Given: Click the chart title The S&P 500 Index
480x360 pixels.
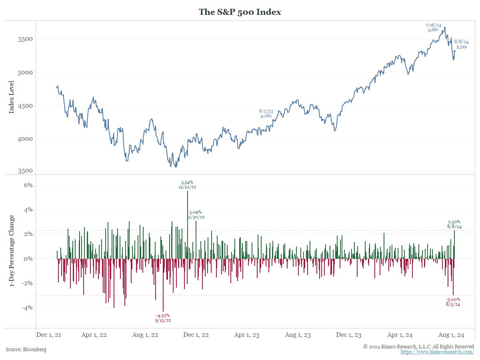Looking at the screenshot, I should pyautogui.click(x=240, y=12).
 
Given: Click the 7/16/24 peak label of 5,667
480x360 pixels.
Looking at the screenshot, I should pyautogui.click(x=433, y=28).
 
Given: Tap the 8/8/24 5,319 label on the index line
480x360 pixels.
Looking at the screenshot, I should pyautogui.click(x=462, y=44).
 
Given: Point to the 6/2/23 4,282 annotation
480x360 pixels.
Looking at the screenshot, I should pyautogui.click(x=266, y=113).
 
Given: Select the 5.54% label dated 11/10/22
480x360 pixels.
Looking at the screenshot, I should pyautogui.click(x=188, y=184).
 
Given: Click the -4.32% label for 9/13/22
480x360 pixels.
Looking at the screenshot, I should pyautogui.click(x=163, y=318).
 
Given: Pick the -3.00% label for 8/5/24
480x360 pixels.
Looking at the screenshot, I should pyautogui.click(x=453, y=302).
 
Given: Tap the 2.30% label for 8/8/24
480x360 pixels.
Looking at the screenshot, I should pyautogui.click(x=454, y=224).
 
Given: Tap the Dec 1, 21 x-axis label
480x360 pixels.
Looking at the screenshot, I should pyautogui.click(x=49, y=335).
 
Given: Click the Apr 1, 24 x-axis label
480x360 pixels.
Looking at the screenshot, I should pyautogui.click(x=402, y=335).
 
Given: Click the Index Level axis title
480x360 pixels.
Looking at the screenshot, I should pyautogui.click(x=11, y=97).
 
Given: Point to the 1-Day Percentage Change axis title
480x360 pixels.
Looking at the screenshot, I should pyautogui.click(x=11, y=251).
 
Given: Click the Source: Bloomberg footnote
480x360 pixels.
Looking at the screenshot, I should pyautogui.click(x=26, y=350).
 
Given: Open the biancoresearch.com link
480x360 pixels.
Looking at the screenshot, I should pyautogui.click(x=437, y=352).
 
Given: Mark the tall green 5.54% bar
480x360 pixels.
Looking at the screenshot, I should pyautogui.click(x=188, y=224).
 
